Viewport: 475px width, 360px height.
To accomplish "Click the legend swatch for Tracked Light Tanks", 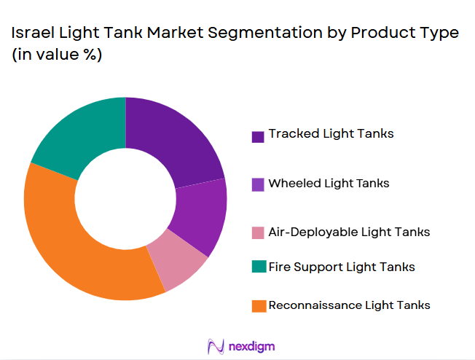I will [258, 136].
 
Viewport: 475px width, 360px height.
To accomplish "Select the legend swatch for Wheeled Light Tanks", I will [258, 185].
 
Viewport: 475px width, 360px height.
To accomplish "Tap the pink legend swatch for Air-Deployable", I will [258, 234].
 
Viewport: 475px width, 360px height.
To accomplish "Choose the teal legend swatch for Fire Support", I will [258, 268].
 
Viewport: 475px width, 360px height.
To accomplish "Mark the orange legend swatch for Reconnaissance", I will [258, 307].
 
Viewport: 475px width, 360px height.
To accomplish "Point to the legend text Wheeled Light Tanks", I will [329, 184].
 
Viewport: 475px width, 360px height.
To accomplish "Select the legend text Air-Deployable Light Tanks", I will [349, 232].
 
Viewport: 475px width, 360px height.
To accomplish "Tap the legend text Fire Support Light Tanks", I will [342, 267].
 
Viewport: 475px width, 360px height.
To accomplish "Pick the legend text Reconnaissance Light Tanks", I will [349, 305].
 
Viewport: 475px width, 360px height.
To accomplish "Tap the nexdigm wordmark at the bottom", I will [252, 345].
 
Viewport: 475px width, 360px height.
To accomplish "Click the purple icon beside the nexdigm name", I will [216, 345].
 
